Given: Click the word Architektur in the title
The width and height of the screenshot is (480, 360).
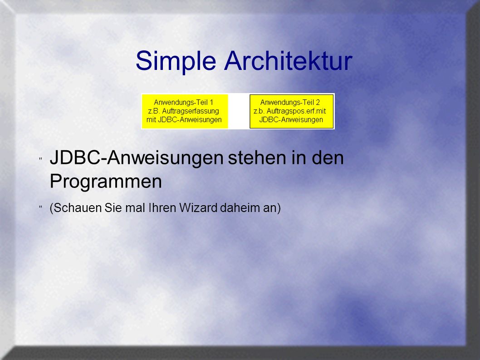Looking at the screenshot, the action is pyautogui.click(x=289, y=61).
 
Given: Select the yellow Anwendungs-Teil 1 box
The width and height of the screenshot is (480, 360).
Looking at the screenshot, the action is pyautogui.click(x=185, y=111).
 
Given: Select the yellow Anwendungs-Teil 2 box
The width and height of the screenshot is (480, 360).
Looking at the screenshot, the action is pyautogui.click(x=291, y=111).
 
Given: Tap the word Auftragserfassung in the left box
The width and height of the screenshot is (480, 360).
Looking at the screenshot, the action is pyautogui.click(x=191, y=111).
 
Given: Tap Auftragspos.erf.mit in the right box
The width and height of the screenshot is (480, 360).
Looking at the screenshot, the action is pyautogui.click(x=296, y=111).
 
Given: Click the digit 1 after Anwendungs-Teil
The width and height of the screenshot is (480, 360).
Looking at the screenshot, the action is pyautogui.click(x=211, y=102).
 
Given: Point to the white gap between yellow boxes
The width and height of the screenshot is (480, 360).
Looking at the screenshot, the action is pyautogui.click(x=239, y=111).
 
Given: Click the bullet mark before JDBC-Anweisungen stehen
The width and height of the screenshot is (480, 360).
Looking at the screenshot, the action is pyautogui.click(x=40, y=159).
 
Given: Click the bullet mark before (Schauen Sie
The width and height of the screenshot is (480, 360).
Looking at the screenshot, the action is pyautogui.click(x=40, y=207).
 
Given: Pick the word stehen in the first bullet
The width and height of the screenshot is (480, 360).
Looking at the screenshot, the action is pyautogui.click(x=258, y=158).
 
